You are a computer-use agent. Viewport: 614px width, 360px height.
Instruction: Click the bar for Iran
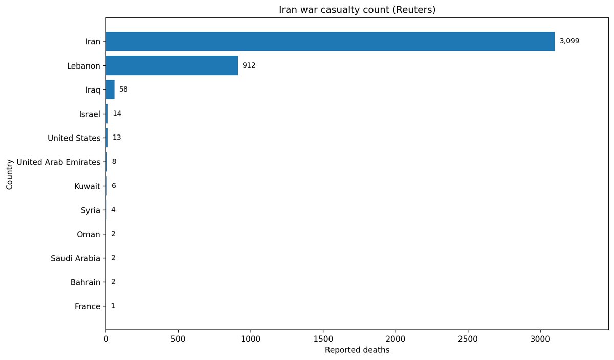coord(330,41)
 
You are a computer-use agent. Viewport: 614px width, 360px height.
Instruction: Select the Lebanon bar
coord(172,65)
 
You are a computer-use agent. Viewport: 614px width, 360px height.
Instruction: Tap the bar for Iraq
coord(110,89)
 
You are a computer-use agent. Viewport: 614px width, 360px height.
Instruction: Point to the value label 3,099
coord(569,41)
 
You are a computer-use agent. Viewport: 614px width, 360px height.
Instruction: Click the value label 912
coord(249,65)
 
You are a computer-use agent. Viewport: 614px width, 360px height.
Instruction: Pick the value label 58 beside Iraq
coord(123,89)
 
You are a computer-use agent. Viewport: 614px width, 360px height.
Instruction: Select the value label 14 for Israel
coord(117,114)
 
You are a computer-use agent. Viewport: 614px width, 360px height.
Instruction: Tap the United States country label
coord(74,138)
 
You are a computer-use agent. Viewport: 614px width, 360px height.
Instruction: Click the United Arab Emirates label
coord(58,162)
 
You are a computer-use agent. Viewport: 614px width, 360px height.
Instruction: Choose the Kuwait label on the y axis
coord(87,186)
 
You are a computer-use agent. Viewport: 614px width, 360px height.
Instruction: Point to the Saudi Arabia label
coord(75,258)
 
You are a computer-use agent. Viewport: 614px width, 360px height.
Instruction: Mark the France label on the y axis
coord(87,307)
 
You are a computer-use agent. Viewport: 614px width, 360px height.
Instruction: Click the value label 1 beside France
coord(113,306)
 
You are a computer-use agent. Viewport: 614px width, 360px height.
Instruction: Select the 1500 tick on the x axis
coord(323,339)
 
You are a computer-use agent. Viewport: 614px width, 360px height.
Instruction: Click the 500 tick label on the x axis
coord(178,339)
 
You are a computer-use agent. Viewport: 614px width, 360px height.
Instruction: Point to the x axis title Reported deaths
coord(357,351)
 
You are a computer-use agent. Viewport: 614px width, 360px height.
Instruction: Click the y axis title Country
coord(9,174)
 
